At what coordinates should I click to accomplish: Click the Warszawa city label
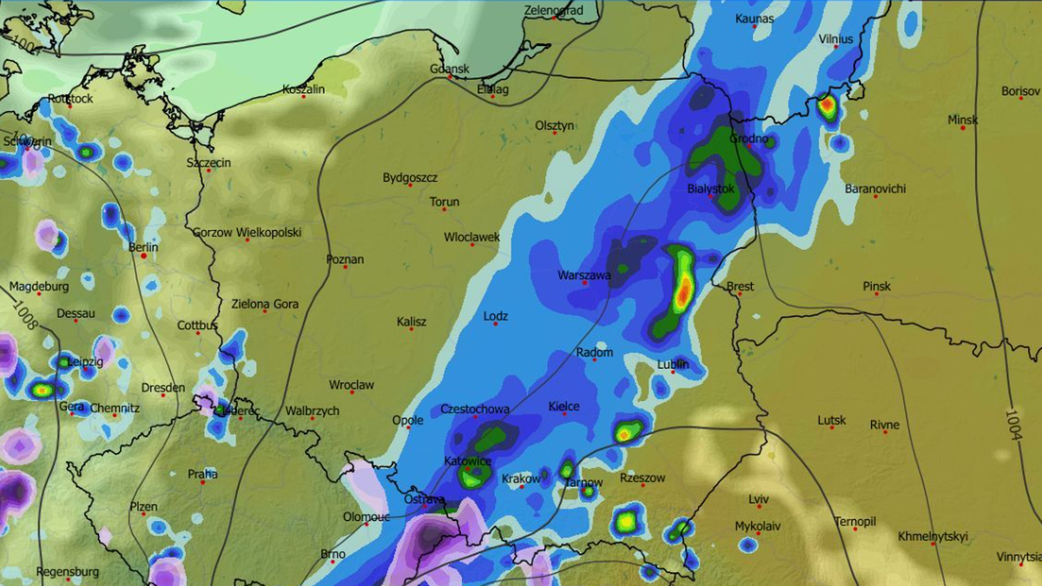[x=584, y=276]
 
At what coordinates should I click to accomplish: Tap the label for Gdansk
[x=449, y=69]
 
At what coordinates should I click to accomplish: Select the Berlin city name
[x=143, y=247]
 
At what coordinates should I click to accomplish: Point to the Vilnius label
[x=835, y=39]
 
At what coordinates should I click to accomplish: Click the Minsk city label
[x=962, y=120]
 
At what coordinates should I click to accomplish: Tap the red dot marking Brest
[x=739, y=294]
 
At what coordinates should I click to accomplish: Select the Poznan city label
[x=345, y=260]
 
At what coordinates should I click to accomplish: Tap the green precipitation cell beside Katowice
[x=473, y=476]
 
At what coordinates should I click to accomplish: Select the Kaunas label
[x=754, y=18]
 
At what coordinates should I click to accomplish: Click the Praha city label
[x=202, y=474]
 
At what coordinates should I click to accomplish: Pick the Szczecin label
[x=208, y=162]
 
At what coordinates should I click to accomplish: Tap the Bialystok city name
[x=710, y=188]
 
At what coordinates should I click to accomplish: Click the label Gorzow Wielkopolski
[x=247, y=233]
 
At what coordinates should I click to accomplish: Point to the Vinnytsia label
[x=1018, y=556]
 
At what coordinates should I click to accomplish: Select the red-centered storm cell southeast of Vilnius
[x=827, y=107]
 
